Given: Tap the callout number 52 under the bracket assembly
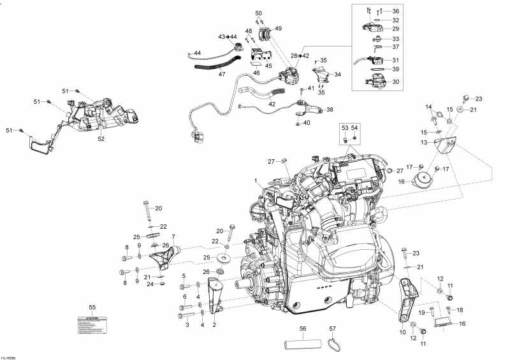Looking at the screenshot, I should (x=101, y=138).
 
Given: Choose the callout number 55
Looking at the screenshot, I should (x=92, y=307).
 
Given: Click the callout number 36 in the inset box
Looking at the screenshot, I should (x=395, y=11).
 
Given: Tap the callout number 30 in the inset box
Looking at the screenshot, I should (x=395, y=82).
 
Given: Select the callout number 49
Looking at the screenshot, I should (x=278, y=29).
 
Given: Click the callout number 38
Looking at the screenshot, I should (x=330, y=110).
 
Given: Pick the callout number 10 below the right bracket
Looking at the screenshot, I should (x=402, y=332).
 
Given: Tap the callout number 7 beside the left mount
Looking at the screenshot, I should (x=172, y=237).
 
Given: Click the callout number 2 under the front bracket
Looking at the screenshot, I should (x=214, y=325).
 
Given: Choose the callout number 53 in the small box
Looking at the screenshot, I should (x=345, y=128).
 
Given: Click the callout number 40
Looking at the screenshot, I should (x=307, y=122).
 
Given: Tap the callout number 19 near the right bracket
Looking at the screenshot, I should (x=421, y=312).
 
